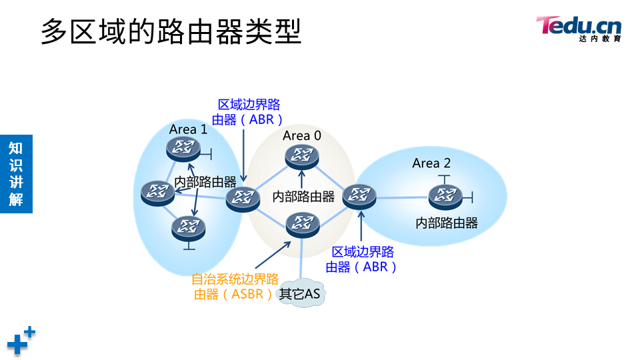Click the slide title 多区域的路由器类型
click(171, 31)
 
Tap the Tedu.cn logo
click(579, 29)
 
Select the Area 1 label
click(188, 129)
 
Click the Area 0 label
click(302, 135)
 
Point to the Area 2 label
click(431, 163)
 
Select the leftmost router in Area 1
click(157, 193)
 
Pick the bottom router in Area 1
click(188, 228)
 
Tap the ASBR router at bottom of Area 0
click(302, 223)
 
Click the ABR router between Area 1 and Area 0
click(242, 198)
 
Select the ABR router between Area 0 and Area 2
click(360, 196)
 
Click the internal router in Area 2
click(445, 196)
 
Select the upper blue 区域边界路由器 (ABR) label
click(248, 112)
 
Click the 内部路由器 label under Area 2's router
click(447, 223)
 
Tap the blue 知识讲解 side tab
click(16, 173)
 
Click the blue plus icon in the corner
click(21, 341)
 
